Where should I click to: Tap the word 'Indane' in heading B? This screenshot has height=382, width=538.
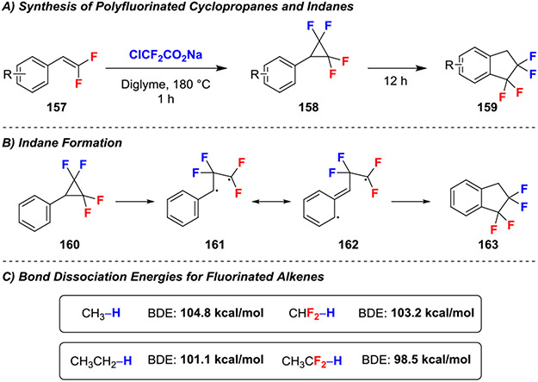(x=36, y=140)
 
